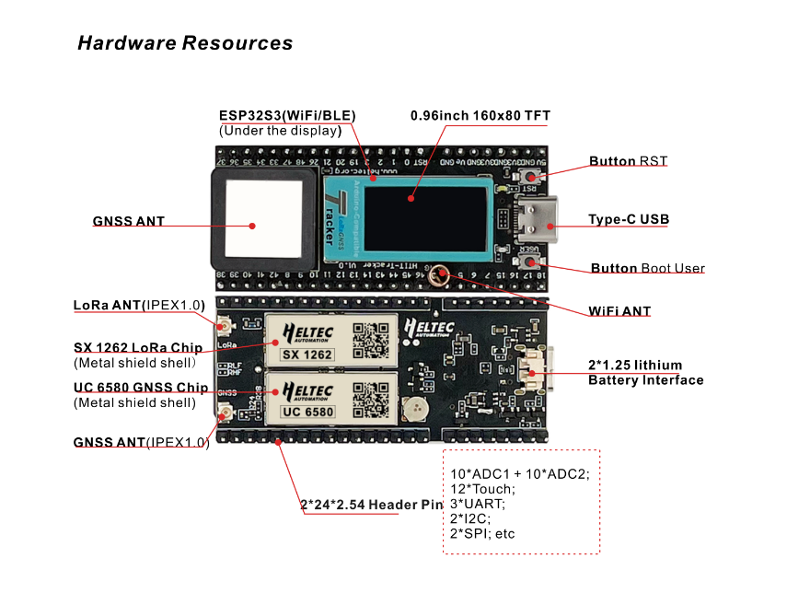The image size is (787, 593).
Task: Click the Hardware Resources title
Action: (185, 43)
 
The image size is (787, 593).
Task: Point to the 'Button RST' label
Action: (628, 161)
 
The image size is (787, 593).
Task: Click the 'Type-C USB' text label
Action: (628, 220)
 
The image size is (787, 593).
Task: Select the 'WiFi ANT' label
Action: (619, 311)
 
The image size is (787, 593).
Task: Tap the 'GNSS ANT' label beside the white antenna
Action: (128, 222)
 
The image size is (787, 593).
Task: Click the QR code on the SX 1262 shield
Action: (372, 340)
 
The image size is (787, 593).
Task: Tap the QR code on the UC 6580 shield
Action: (372, 397)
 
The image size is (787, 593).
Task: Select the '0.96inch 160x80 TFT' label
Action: (480, 115)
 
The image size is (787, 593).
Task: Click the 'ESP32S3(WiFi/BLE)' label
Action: (287, 115)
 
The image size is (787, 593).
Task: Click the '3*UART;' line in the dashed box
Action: (478, 504)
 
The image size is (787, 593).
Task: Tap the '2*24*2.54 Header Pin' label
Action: (371, 505)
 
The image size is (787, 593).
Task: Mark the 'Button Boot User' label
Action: (647, 269)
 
